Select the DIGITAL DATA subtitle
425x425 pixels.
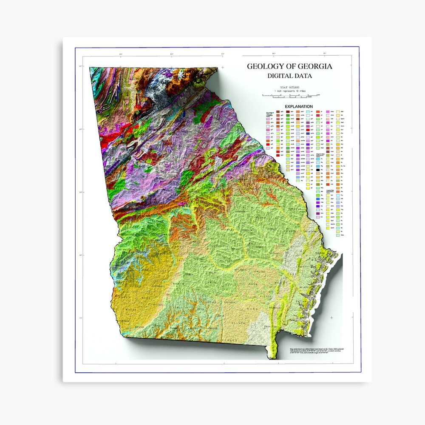289,76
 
